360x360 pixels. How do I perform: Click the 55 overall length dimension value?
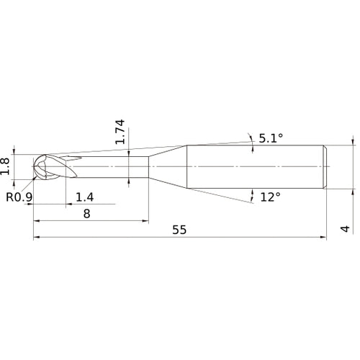coord(180,230)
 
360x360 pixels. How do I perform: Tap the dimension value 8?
coord(87,213)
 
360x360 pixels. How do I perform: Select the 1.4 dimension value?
coord(85,197)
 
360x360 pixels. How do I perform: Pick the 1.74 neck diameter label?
coord(120,132)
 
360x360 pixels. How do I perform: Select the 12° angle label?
coord(269,196)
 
